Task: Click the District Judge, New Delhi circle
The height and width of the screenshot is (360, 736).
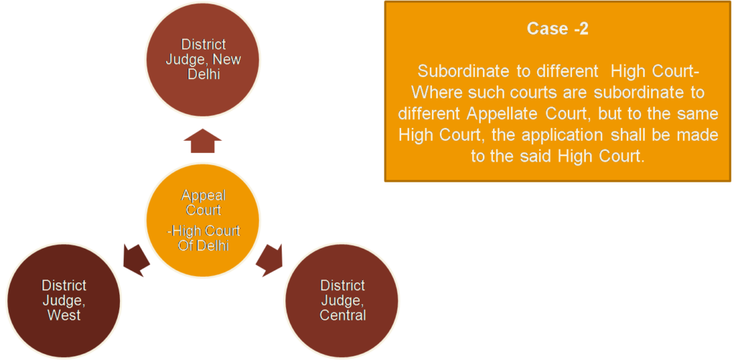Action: [x=203, y=60]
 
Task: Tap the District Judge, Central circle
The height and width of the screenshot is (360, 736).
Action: [x=342, y=300]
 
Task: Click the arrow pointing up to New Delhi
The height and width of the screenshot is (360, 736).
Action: [x=203, y=140]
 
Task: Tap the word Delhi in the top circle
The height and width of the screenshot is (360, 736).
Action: [x=204, y=75]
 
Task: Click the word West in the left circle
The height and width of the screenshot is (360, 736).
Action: [x=64, y=315]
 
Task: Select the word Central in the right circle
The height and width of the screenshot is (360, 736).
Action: [x=343, y=315]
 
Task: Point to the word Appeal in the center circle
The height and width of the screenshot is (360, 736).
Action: [x=203, y=195]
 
